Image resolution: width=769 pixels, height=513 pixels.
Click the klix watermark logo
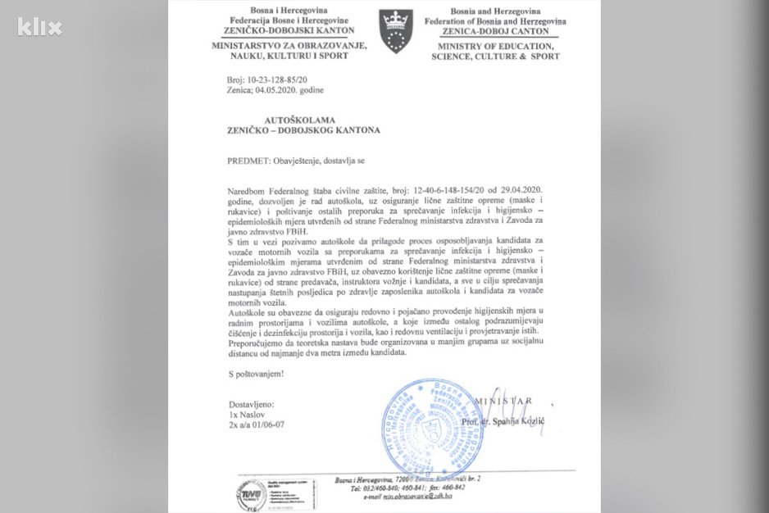pos(39,26)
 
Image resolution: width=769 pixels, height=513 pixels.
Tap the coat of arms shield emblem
pos(398,32)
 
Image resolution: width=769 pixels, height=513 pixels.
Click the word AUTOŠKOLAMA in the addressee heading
pos(277,120)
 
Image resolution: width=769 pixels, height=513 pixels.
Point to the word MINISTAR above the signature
pos(508,402)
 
